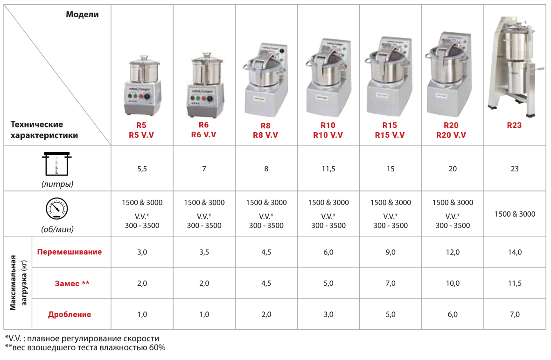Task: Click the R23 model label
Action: (x=514, y=125)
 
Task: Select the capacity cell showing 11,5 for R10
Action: (x=328, y=169)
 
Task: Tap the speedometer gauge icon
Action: (x=57, y=208)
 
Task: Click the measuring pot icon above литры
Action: (x=57, y=164)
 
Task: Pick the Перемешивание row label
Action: (x=70, y=252)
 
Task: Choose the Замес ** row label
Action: (x=72, y=283)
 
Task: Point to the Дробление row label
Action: (x=70, y=314)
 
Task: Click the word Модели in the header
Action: (x=82, y=14)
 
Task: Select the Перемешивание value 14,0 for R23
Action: (x=515, y=252)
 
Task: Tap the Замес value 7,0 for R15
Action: (x=391, y=283)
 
